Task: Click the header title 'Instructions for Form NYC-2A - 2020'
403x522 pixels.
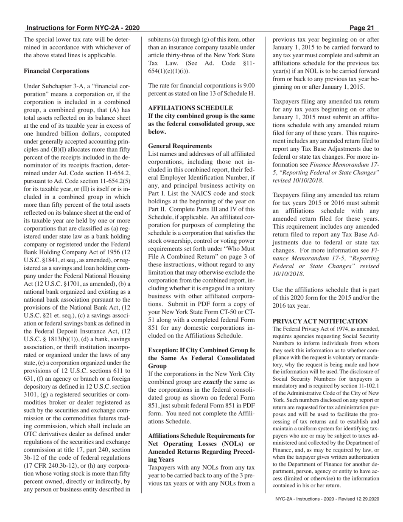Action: pos(83,28)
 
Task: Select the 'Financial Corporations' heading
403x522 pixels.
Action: pos(56,71)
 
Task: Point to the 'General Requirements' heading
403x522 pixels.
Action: pos(180,146)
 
